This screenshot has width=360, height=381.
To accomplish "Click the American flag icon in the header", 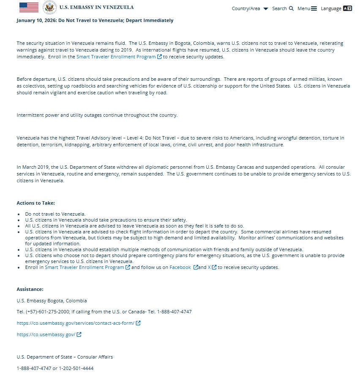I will [29, 7].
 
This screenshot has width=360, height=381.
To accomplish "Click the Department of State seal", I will [50, 7].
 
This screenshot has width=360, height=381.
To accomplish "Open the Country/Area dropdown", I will [250, 8].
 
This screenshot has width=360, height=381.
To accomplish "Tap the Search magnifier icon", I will [291, 8].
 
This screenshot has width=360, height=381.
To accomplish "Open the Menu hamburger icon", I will [314, 8].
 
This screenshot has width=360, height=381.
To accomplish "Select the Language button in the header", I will [336, 8].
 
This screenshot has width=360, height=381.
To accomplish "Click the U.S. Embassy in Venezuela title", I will [96, 7].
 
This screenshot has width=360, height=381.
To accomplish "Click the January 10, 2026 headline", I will [95, 20].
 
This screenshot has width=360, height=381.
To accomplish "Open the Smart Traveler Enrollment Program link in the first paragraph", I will [116, 57].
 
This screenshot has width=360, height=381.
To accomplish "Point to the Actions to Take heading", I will [35, 203].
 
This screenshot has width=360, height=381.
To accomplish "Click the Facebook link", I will [180, 267].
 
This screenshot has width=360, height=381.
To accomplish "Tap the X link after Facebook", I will [209, 267].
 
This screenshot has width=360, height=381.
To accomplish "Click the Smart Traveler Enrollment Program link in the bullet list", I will [85, 267].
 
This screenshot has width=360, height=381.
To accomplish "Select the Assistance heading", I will [30, 289].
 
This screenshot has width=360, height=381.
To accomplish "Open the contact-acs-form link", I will [76, 323].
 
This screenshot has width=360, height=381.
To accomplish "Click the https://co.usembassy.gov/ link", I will [46, 334].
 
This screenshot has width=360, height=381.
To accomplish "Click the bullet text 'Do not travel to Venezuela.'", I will [55, 214].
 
